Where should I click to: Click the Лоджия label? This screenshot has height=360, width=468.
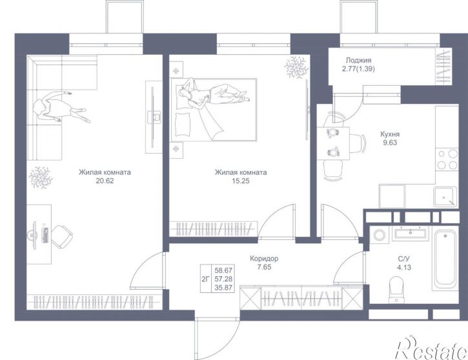tap(358, 61)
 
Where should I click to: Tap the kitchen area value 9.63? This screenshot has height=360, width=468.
tap(390, 143)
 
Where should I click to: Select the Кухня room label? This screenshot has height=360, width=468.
tap(390, 134)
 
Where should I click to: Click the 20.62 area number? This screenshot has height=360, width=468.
tap(105, 181)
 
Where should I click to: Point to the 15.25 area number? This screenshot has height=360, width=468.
tap(241, 181)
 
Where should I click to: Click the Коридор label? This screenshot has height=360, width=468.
tap(264, 259)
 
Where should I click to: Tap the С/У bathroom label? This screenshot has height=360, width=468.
tap(404, 259)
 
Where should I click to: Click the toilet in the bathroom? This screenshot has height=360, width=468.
tap(396, 289)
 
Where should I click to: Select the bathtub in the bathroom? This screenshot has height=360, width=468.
tap(445, 259)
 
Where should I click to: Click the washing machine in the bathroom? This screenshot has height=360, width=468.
tap(379, 234)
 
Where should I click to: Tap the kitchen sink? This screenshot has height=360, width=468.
tap(445, 197)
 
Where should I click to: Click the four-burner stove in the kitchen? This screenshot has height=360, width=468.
tap(447, 159)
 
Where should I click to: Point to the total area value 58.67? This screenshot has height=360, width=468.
tap(223, 270)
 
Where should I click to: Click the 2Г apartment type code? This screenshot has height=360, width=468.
tap(205, 279)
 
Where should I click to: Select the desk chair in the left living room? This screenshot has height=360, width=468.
tap(63, 237)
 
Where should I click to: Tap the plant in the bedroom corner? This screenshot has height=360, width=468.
tap(296, 68)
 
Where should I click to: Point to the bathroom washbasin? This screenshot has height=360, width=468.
tap(410, 234)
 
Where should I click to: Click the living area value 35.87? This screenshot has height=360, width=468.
tap(223, 288)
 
